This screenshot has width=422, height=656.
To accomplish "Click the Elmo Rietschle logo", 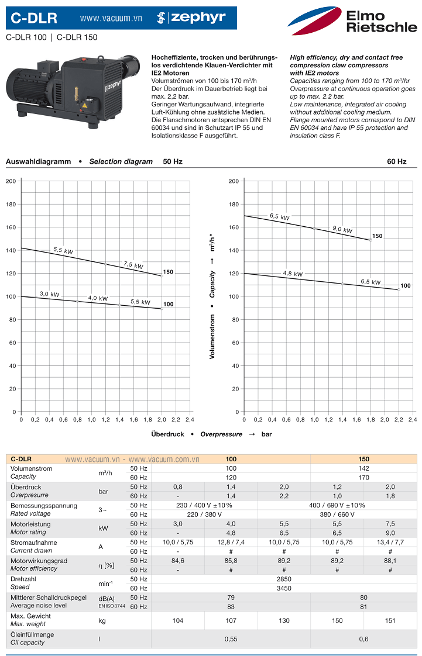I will [352, 21].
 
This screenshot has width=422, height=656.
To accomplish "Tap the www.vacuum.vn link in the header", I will [111, 19].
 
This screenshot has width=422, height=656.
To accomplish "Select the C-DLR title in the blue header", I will [35, 19].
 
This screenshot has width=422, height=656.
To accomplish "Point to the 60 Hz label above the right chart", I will [396, 161].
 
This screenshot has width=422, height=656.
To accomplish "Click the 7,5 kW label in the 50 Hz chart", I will [133, 265].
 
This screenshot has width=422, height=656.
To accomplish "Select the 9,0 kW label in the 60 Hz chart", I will [342, 230].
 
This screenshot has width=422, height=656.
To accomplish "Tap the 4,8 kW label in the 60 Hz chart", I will [293, 274].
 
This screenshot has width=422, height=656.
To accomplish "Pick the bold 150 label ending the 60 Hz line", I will [377, 236].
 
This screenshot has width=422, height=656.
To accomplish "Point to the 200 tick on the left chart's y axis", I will [11, 181].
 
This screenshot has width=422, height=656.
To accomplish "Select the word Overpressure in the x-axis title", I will [221, 434].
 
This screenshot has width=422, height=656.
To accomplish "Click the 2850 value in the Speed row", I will [284, 579].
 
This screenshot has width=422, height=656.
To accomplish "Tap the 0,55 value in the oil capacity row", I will [231, 639].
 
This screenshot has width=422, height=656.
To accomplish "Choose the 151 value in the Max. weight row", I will [390, 621].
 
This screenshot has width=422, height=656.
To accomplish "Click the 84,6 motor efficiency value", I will [177, 561].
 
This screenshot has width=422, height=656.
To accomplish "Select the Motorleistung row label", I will [30, 524].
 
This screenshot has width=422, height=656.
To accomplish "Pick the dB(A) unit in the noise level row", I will [107, 598].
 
